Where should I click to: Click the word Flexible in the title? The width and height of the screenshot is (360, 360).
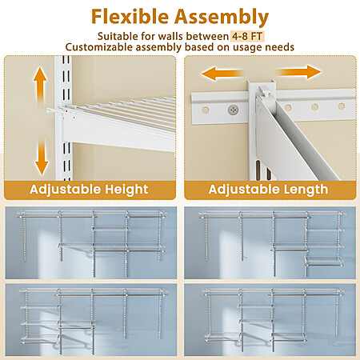(130, 17)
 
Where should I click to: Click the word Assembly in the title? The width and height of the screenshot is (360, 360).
(222, 18)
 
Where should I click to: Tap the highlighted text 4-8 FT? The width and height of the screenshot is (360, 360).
(247, 36)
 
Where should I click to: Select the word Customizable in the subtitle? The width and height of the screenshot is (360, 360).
(100, 47)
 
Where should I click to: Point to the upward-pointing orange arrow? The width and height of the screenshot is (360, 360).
(40, 85)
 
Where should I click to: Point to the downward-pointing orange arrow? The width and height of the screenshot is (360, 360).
(42, 158)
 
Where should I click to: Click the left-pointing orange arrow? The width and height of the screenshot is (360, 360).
(222, 74)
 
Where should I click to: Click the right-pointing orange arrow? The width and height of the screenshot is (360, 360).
(298, 72)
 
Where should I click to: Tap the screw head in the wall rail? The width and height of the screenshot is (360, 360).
(234, 109)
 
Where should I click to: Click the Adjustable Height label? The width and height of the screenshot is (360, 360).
(89, 190)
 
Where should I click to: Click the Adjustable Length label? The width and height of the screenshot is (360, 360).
(268, 190)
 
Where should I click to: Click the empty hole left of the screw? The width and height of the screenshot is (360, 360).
(206, 110)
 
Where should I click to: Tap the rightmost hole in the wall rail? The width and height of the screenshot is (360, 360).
(342, 106)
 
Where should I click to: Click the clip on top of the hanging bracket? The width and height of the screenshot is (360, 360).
(265, 90)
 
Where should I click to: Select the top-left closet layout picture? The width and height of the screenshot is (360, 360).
(91, 242)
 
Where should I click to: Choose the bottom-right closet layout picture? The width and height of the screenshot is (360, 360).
(270, 319)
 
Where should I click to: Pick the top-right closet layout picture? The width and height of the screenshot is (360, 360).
(270, 242)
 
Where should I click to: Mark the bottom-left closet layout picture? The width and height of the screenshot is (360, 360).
(91, 319)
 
